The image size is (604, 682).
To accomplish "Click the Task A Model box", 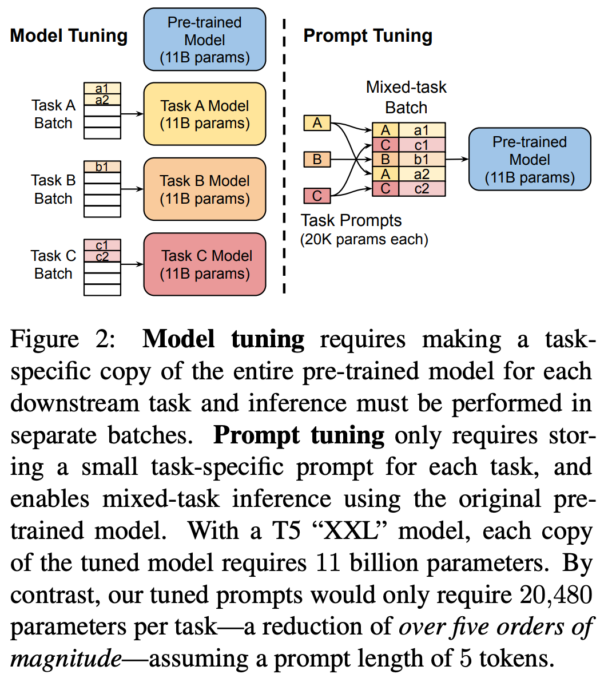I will [x=204, y=114].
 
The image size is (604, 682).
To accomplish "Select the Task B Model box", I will [x=204, y=189].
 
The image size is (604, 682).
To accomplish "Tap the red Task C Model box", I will [x=204, y=264].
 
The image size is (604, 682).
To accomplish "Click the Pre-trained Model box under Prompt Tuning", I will [x=529, y=159].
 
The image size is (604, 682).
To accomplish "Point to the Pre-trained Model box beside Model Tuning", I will [x=204, y=39].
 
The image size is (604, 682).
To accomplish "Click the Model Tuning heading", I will [x=69, y=35].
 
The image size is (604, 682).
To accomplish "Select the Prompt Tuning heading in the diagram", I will [x=367, y=35].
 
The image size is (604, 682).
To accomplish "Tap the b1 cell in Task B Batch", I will [x=102, y=167].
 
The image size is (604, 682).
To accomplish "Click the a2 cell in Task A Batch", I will [x=102, y=100].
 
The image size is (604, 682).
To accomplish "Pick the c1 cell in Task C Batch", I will [x=102, y=245].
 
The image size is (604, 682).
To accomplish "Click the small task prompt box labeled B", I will [x=317, y=159].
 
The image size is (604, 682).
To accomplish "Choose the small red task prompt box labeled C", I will [x=317, y=196].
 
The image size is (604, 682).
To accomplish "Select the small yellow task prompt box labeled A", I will [x=317, y=122].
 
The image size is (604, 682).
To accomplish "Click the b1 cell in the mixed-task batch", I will [x=422, y=159].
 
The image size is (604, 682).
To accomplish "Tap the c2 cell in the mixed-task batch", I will [x=422, y=188].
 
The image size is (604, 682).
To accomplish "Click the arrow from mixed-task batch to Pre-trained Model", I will [x=456, y=159].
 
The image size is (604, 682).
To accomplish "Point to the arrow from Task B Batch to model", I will [x=132, y=189].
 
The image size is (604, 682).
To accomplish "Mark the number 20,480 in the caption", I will [x=555, y=595].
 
